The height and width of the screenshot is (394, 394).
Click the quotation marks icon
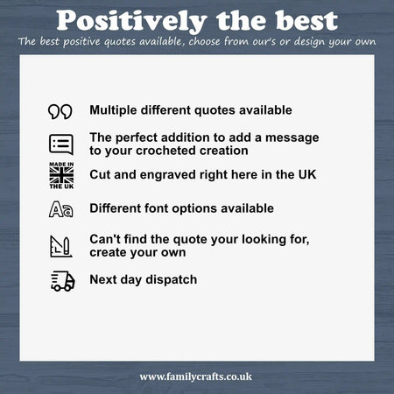click(60, 112)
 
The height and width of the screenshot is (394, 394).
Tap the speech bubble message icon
click(61, 144)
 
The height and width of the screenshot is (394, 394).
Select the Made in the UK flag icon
click(61, 175)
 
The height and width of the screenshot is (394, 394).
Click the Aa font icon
click(60, 209)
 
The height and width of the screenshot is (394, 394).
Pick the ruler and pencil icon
click(60, 246)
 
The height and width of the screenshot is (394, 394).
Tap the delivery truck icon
click(63, 281)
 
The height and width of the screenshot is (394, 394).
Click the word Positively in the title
click(131, 21)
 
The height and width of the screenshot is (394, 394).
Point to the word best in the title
click(306, 21)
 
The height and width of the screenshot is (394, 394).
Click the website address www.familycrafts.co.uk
click(195, 376)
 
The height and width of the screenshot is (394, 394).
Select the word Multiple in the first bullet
click(113, 110)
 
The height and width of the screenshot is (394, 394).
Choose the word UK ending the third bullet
click(307, 174)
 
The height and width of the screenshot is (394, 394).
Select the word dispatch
click(172, 280)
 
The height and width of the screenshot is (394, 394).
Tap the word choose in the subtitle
click(204, 41)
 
